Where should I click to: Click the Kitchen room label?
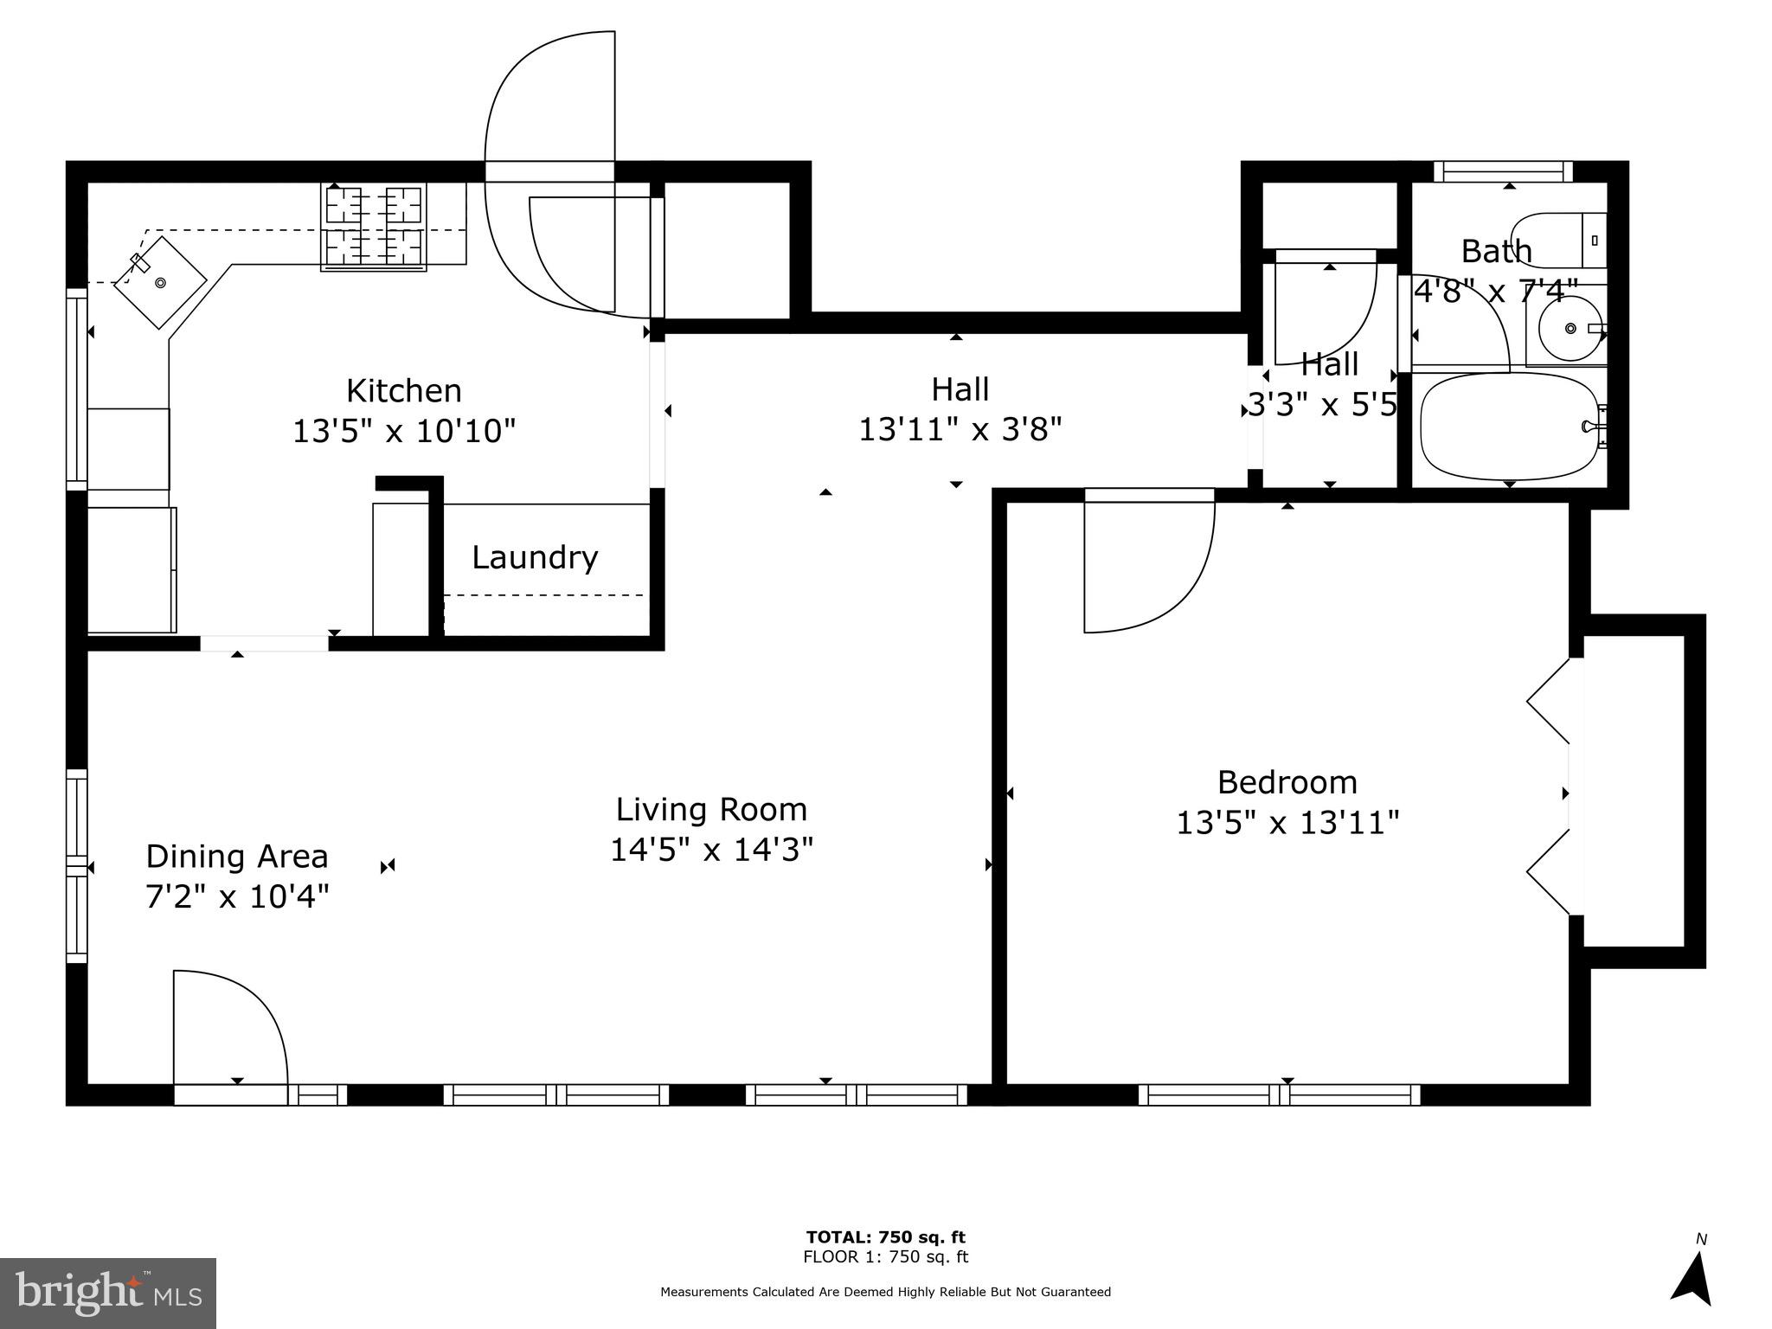(x=403, y=391)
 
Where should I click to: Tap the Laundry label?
(x=535, y=557)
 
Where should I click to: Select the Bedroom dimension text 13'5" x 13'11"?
(x=1287, y=822)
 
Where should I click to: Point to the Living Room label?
(x=711, y=810)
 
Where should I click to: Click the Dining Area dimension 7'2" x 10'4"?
(x=237, y=896)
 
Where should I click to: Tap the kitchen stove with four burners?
(x=374, y=226)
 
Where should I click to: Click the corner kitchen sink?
(x=160, y=282)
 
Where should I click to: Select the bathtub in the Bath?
(x=1509, y=427)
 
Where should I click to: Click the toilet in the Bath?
(x=1558, y=240)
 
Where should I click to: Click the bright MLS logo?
(x=108, y=1294)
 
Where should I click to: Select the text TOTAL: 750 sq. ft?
(x=886, y=1237)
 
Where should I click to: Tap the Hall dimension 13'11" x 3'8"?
(x=960, y=429)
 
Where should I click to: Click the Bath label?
(x=1497, y=252)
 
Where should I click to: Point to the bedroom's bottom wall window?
(x=1280, y=1095)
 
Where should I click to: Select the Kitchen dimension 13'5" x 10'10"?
(x=404, y=430)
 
